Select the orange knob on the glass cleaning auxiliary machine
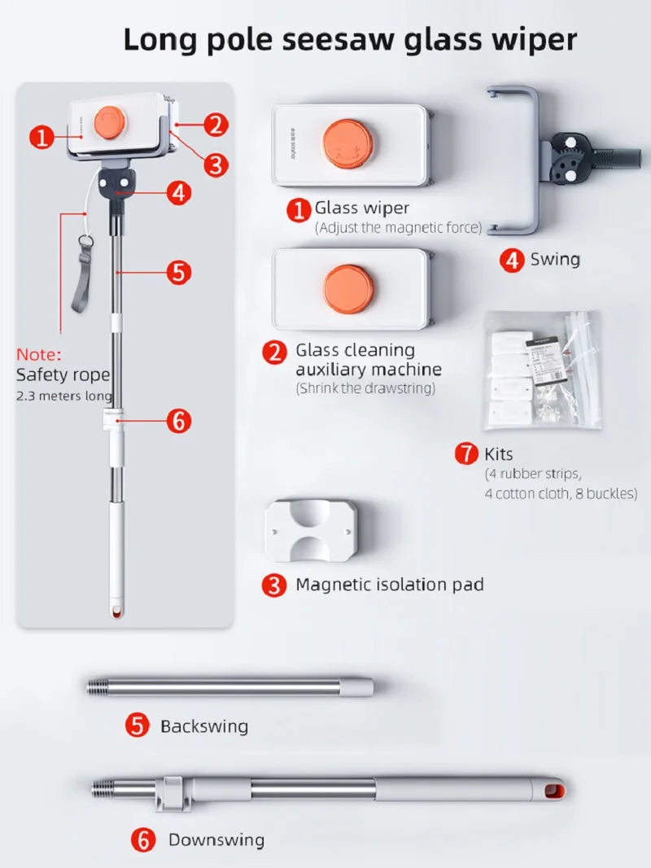click(348, 289)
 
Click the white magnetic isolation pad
click(311, 530)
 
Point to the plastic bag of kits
click(543, 370)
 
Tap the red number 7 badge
click(467, 454)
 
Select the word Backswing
click(204, 726)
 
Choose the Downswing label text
click(216, 840)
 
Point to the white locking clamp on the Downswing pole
click(173, 793)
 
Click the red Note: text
click(39, 354)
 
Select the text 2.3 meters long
click(64, 396)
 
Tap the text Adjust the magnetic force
click(399, 227)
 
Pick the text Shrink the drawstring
click(365, 388)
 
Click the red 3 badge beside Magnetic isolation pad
click(274, 585)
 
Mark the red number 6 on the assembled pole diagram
click(179, 421)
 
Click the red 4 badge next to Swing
click(511, 261)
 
